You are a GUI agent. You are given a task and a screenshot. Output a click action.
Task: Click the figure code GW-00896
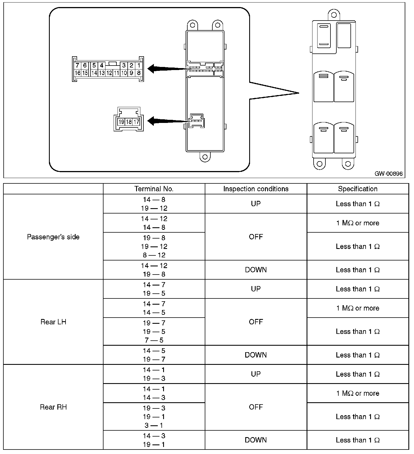388,174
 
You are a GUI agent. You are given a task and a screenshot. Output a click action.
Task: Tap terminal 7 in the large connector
77,66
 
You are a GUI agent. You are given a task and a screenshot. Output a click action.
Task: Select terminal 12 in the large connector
109,73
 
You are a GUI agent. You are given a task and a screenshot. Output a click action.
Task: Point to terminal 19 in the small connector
121,122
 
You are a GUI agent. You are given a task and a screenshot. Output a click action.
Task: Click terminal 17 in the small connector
136,122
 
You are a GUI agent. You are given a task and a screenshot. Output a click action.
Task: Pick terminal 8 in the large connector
139,73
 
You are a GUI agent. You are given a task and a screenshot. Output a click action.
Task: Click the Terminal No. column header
154,189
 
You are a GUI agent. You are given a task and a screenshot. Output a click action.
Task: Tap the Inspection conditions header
256,189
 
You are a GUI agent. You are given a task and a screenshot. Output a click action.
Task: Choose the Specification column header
357,189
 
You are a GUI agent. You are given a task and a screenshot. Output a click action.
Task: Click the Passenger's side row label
53,237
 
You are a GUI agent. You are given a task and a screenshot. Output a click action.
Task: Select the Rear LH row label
53,322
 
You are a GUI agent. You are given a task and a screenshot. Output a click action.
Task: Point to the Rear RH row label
53,407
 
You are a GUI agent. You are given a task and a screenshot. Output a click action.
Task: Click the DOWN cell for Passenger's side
256,270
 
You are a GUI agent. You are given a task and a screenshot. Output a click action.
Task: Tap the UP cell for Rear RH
256,374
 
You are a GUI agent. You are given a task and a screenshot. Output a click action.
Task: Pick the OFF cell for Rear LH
256,322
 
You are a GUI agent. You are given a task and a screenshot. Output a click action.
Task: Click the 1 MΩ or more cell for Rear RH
357,393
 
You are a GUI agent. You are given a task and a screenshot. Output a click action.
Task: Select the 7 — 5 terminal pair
154,340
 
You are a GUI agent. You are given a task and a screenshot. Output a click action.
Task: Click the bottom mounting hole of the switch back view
205,157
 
